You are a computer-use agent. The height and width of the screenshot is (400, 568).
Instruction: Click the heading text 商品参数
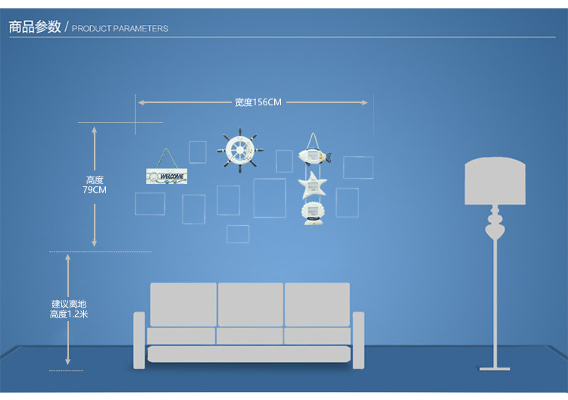coord(35,27)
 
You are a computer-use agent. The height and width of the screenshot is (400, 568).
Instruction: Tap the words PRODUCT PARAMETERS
coord(120,29)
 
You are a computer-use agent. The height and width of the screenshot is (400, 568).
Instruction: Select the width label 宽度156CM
coord(257,102)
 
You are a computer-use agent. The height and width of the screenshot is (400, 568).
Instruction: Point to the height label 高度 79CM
coord(95,185)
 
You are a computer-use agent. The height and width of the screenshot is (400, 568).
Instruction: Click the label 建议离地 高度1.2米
coord(69,308)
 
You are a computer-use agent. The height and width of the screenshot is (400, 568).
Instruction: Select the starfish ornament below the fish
coord(312,184)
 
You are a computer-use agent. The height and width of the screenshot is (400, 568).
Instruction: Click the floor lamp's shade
coord(496,182)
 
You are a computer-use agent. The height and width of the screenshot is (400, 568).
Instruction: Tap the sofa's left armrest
coord(139,340)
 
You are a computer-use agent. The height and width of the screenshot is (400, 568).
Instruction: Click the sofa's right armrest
coord(358,340)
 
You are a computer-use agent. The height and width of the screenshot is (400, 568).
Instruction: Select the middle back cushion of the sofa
coord(250,304)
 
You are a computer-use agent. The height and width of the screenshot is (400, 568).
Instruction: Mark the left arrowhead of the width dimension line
coord(140,102)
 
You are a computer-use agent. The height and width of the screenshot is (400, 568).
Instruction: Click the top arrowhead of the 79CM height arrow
coord(95,130)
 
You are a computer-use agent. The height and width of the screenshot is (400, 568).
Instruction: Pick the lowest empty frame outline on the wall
coord(238,233)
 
